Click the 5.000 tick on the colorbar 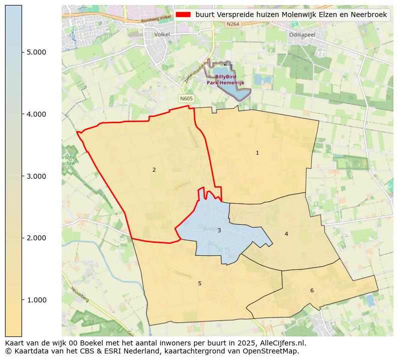pos(36,52)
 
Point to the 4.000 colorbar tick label pos(36,114)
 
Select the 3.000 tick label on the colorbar pos(36,176)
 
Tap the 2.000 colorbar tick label pos(36,238)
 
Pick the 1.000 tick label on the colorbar pos(36,300)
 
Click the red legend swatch pos(183,15)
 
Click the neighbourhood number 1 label pos(257,153)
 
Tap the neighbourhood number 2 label pos(154,170)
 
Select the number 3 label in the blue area pos(219,231)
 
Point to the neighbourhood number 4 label pos(286,234)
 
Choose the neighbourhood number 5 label pos(200,283)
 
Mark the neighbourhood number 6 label pos(312,290)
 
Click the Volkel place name pos(162,35)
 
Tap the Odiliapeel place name pos(302,35)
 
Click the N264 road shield pos(232,24)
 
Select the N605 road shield pos(186,99)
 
